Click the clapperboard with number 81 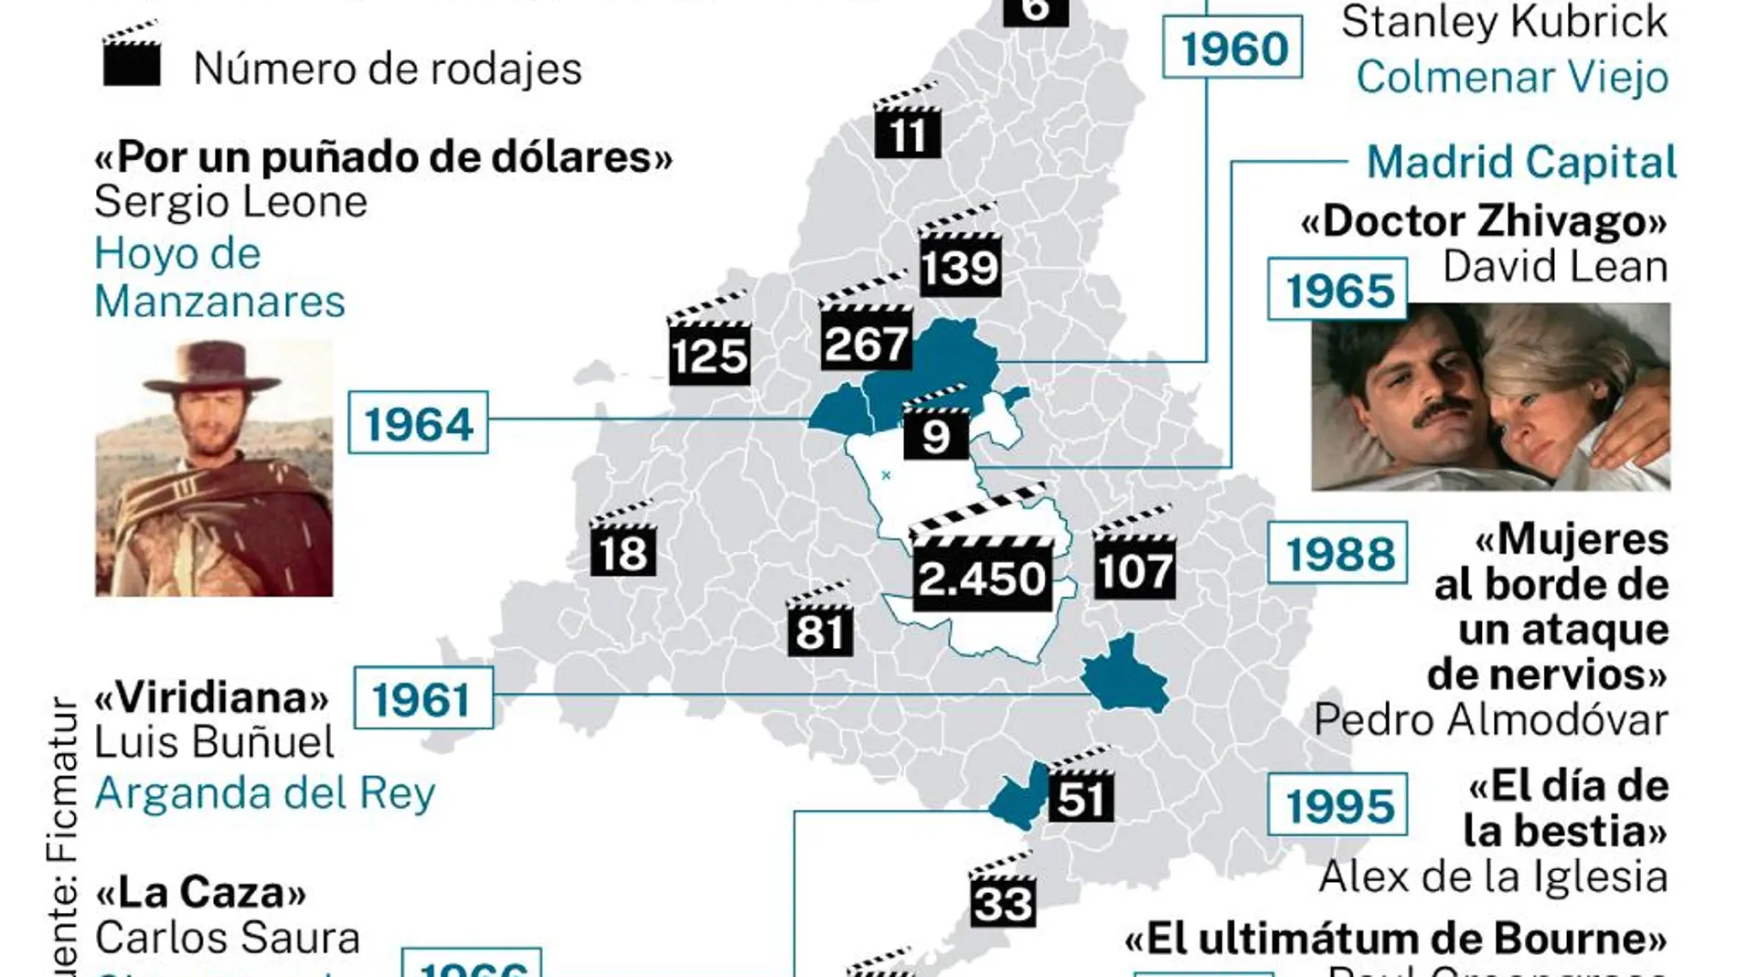tap(820, 621)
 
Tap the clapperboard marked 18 tap(623, 544)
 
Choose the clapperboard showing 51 tap(1081, 789)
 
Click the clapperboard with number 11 tap(907, 126)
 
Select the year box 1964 tap(419, 423)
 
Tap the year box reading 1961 tap(422, 699)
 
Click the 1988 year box tap(1338, 553)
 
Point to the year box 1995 tap(1338, 805)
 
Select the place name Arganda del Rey tap(265, 793)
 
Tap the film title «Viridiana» tap(211, 698)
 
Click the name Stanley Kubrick tap(1504, 22)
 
